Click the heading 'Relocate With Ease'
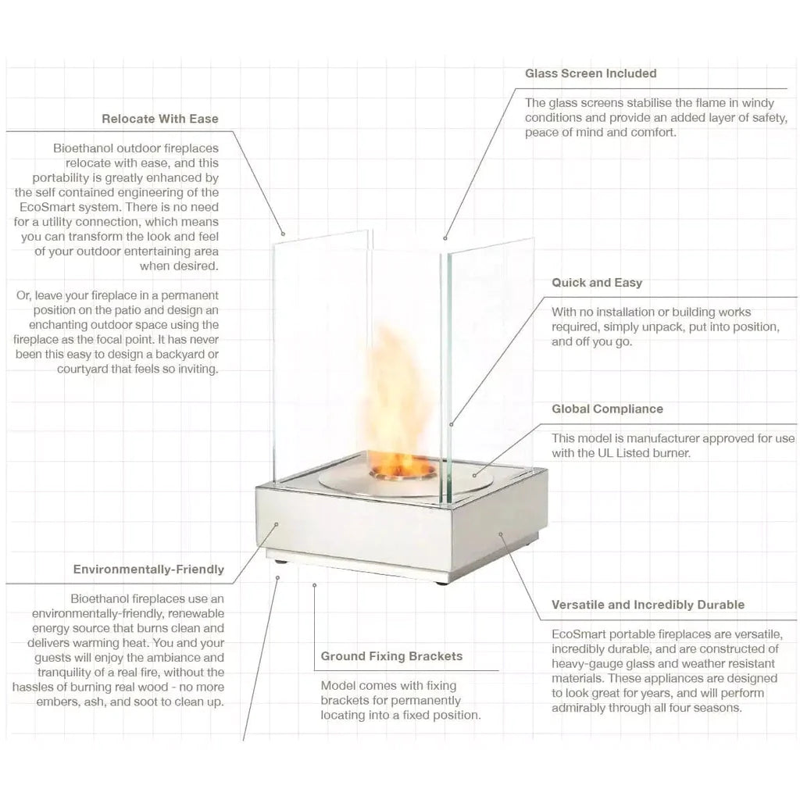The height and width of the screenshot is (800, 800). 160,119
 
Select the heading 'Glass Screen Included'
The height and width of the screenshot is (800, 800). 591,73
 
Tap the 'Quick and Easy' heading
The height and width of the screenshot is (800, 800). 597,283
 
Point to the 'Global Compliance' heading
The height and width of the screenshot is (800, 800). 607,409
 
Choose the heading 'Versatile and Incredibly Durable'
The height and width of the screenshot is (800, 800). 648,605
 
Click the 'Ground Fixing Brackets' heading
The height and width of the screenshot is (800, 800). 392,656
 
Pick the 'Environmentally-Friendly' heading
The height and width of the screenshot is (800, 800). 148,570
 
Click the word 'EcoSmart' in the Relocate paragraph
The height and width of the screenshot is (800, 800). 44,207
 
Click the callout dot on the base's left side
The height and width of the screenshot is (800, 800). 277,524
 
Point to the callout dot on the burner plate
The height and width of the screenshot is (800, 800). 474,476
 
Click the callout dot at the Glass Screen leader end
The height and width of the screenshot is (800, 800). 445,237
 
